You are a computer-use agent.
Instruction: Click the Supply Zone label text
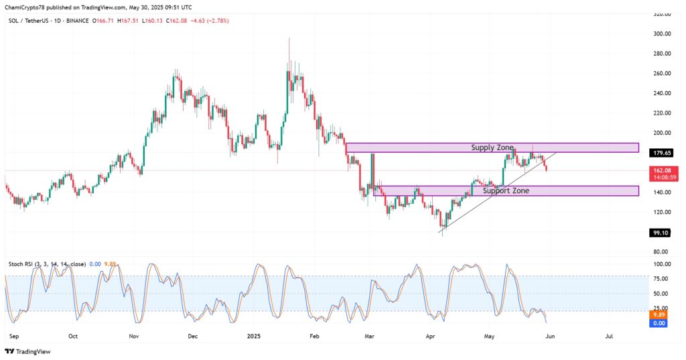(x=492, y=147)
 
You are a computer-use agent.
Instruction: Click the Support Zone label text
(x=506, y=191)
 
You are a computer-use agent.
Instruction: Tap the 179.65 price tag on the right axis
(x=662, y=153)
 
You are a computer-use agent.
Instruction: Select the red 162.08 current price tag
(x=662, y=171)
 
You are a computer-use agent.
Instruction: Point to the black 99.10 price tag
(x=662, y=233)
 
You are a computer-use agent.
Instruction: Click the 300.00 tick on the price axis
(x=662, y=34)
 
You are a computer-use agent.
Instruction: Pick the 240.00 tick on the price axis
(x=662, y=93)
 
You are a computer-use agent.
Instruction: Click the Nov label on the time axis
(x=133, y=336)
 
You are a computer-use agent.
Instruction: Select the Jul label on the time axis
(x=609, y=336)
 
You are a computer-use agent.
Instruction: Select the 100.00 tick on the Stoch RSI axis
(x=662, y=264)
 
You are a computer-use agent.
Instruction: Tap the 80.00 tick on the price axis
(x=662, y=251)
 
